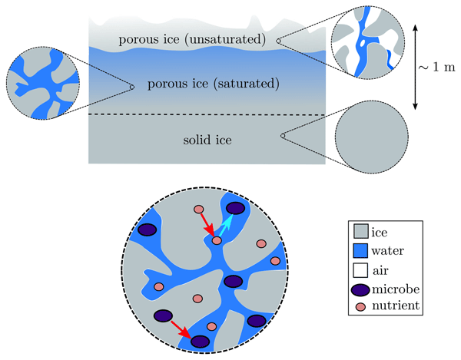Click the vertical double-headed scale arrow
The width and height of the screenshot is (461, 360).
coord(416,65)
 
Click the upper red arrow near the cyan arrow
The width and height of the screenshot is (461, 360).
coord(207,226)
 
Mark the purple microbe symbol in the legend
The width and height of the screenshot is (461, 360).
coord(360,289)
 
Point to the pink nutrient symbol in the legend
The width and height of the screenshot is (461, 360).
coord(360,307)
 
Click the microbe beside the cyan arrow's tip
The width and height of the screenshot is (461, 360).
coord(236,208)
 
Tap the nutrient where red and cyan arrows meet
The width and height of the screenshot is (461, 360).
coord(217,241)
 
